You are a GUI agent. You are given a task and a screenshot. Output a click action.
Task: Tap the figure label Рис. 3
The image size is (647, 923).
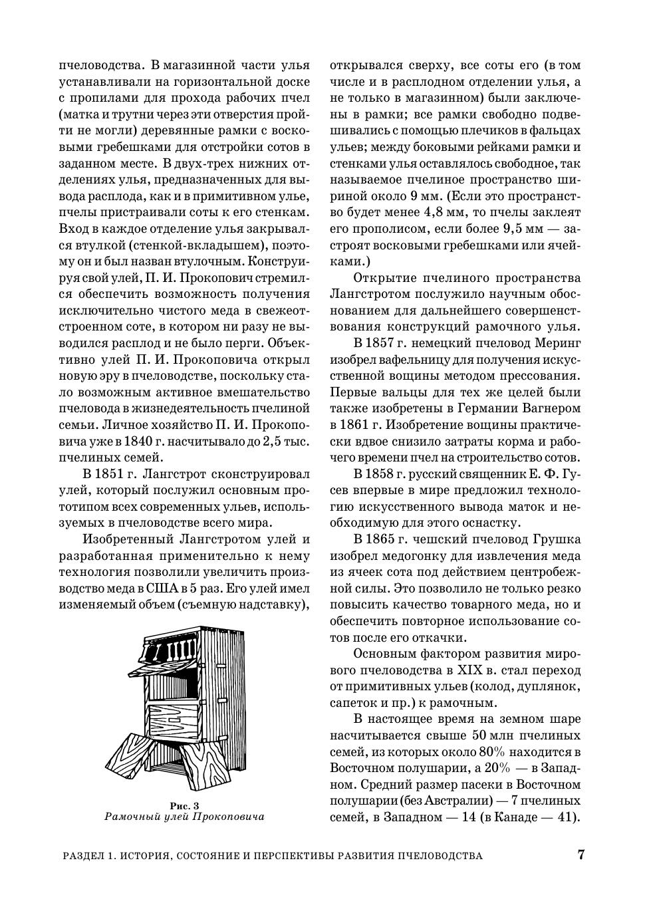click(184, 806)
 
